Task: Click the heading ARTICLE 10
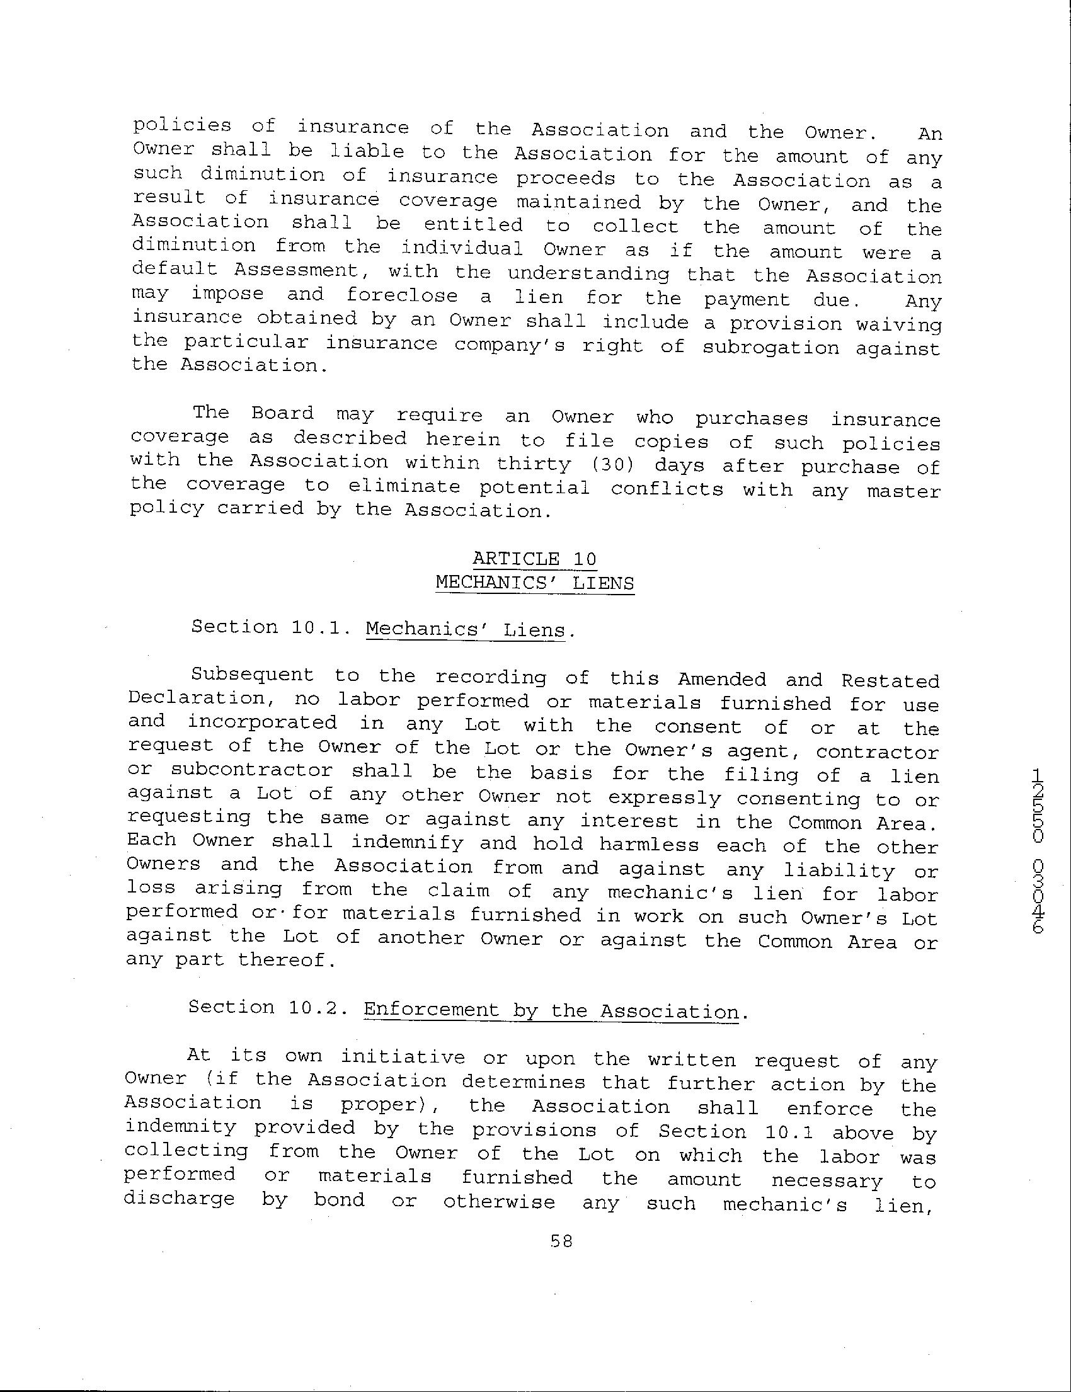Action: tap(534, 559)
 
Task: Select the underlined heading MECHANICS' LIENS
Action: tap(534, 583)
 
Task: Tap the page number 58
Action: tap(561, 1240)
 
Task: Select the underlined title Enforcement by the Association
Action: tap(551, 1011)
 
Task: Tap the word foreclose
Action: tap(402, 296)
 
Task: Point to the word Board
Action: tap(282, 414)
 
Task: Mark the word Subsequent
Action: tap(253, 676)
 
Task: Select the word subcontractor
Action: tap(252, 770)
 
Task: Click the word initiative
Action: tap(403, 1058)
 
